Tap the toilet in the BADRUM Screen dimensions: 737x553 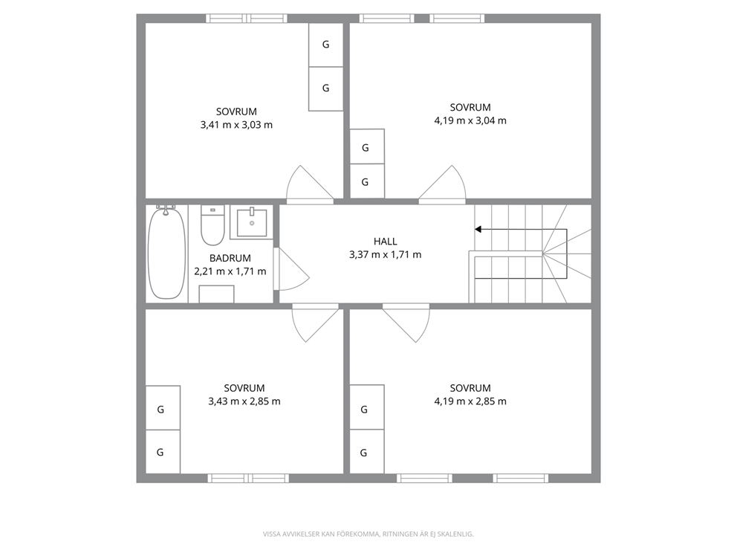pyautogui.click(x=212, y=224)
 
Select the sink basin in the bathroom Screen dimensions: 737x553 pyautogui.click(x=252, y=222)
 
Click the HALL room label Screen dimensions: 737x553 pyautogui.click(x=386, y=242)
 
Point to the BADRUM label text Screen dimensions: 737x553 pyautogui.click(x=230, y=258)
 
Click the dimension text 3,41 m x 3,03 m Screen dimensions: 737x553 pyautogui.click(x=236, y=125)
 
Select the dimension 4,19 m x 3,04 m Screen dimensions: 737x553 pyautogui.click(x=470, y=120)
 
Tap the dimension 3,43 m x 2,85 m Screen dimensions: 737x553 pyautogui.click(x=244, y=401)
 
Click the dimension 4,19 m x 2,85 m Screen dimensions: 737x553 pyautogui.click(x=470, y=401)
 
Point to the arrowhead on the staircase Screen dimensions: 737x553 pyautogui.click(x=478, y=230)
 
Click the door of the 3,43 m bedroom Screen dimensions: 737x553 pyautogui.click(x=316, y=323)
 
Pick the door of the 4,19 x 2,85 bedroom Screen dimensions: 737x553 pyautogui.click(x=406, y=323)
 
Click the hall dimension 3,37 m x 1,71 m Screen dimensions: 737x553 pyautogui.click(x=386, y=255)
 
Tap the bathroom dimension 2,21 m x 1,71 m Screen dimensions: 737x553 pyautogui.click(x=230, y=271)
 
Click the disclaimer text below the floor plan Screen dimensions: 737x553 pyautogui.click(x=368, y=534)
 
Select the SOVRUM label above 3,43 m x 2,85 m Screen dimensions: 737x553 pyautogui.click(x=244, y=388)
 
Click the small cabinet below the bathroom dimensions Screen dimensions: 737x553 pyautogui.click(x=217, y=294)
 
